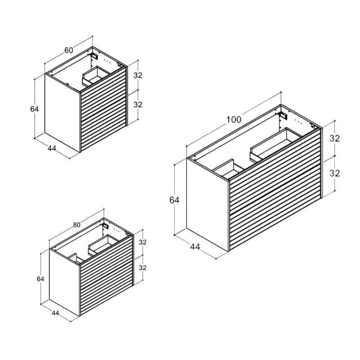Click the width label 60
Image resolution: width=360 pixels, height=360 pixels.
coord(69,50)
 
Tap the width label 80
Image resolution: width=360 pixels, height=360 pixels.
coord(76,225)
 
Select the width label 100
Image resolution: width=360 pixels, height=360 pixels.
coord(234,120)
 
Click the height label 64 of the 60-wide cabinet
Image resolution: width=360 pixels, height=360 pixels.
coord(35,109)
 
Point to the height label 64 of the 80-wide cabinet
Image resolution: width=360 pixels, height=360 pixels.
coord(40,279)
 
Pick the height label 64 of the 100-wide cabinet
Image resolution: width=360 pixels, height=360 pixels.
coord(174,200)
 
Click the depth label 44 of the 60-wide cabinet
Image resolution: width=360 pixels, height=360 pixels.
coord(52,148)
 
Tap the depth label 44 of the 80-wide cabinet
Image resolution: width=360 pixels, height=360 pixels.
coord(55,313)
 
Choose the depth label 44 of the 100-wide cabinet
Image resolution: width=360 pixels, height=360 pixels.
coord(195,247)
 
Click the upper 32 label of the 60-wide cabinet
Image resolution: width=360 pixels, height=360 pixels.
coord(138,75)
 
